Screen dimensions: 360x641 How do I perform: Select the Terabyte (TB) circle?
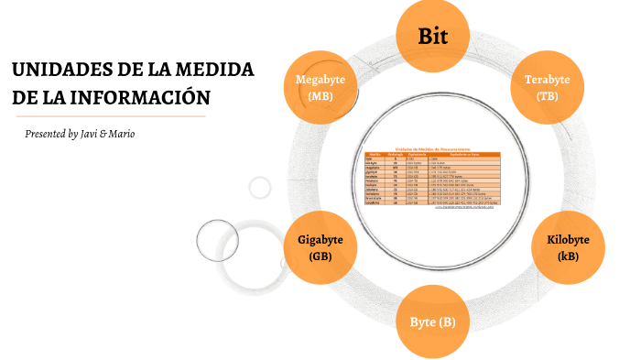pyautogui.click(x=547, y=87)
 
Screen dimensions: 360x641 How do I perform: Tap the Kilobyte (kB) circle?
pyautogui.click(x=568, y=247)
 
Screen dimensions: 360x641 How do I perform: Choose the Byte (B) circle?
pyautogui.click(x=432, y=322)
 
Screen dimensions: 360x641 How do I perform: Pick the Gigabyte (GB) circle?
pyautogui.click(x=320, y=247)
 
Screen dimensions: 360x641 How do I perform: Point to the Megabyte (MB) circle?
pyautogui.click(x=320, y=87)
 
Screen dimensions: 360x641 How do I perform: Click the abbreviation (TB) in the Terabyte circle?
pyautogui.click(x=547, y=96)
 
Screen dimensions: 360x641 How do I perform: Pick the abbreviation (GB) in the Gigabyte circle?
pyautogui.click(x=320, y=256)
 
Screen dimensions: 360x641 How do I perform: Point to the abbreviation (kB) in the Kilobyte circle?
pyautogui.click(x=568, y=256)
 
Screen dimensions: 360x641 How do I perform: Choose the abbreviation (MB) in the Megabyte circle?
pyautogui.click(x=320, y=96)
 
